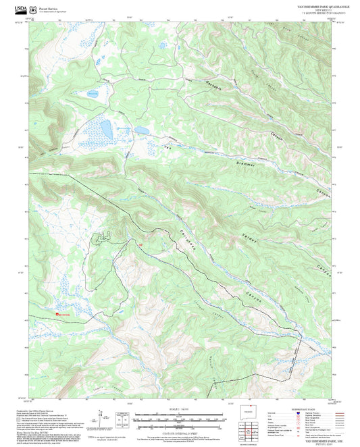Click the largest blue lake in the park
tap(107, 128)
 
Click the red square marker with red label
tap(57, 313)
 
